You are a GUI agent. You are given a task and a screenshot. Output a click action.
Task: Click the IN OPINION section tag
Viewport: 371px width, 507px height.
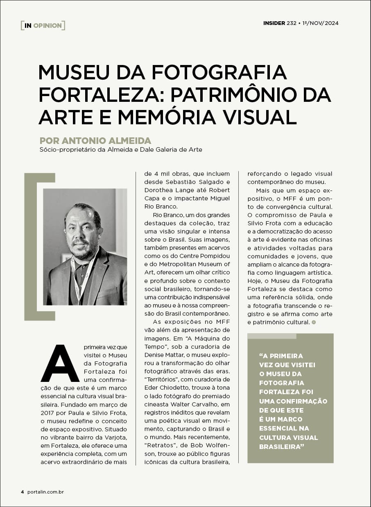[43, 25]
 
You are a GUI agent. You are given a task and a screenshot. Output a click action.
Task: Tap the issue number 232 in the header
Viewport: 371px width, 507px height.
[291, 23]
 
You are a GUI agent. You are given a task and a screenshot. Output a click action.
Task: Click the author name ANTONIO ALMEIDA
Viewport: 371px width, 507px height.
[106, 141]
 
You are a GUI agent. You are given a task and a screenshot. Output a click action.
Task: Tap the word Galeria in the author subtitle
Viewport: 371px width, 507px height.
[171, 150]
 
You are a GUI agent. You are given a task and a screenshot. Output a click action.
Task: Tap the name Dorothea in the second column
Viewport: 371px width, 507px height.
[158, 190]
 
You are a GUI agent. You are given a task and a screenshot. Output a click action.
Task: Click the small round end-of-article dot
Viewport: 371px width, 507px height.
[314, 322]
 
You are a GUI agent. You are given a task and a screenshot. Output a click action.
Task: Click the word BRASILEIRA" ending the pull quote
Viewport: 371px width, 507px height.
[282, 446]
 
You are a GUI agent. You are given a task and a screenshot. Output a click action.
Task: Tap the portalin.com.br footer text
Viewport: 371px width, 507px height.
[45, 492]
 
